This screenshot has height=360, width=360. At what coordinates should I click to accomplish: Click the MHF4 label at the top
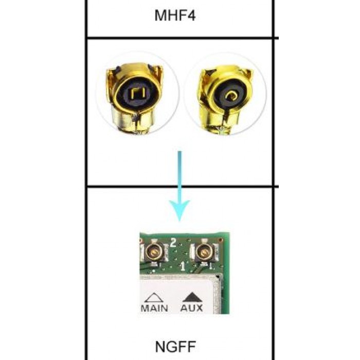tap(175, 15)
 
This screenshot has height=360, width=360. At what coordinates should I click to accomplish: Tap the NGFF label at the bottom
tap(175, 347)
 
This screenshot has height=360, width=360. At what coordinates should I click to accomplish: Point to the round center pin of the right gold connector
tap(231, 95)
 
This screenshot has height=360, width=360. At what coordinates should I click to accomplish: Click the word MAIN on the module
tap(154, 308)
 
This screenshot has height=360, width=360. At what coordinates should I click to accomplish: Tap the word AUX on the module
tap(191, 308)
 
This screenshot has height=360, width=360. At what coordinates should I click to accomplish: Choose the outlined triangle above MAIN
tap(154, 297)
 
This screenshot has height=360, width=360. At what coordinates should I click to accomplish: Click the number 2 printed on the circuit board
tap(173, 243)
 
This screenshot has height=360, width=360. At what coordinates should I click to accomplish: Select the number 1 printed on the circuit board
tap(183, 266)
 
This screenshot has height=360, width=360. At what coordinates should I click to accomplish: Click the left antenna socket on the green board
tap(154, 251)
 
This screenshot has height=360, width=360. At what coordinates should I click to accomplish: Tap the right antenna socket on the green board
tap(204, 252)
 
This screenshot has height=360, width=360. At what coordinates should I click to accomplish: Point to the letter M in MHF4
tap(160, 15)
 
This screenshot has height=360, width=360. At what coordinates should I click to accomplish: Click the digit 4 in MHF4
tap(191, 15)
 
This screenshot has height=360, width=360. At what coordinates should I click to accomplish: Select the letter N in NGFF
tap(160, 347)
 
